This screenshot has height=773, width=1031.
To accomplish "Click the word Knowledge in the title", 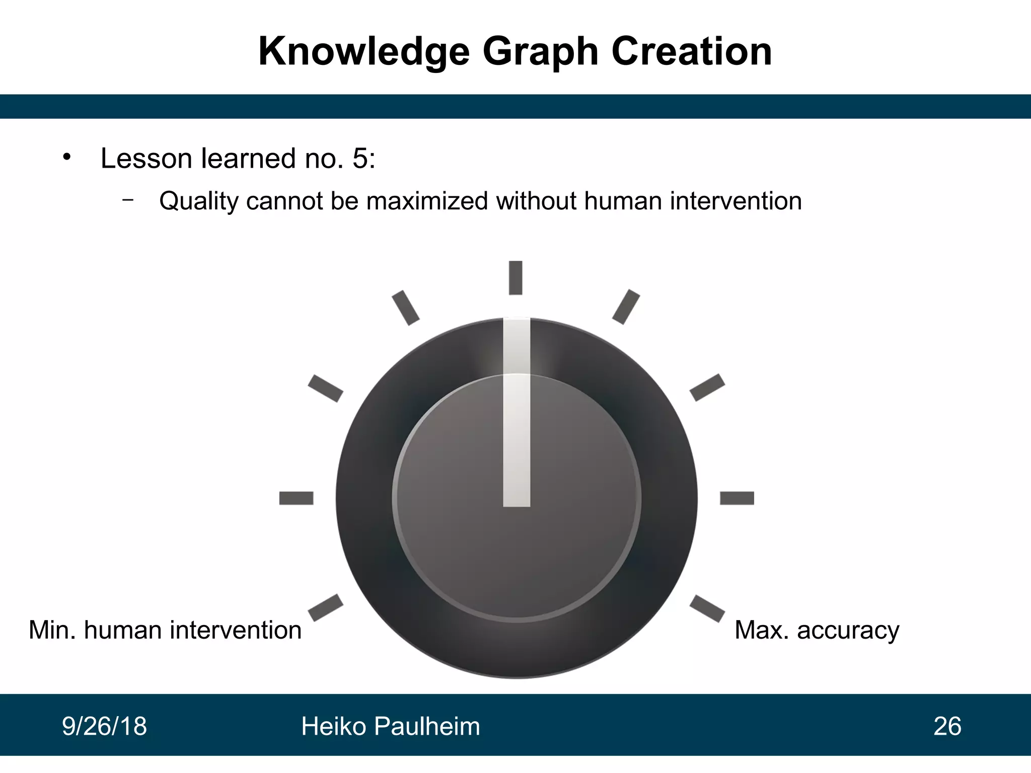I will click(x=363, y=52).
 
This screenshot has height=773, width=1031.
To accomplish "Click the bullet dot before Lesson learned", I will click(x=66, y=158).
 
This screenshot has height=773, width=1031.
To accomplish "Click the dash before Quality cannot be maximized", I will click(x=128, y=199).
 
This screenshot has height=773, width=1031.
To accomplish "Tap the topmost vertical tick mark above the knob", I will click(x=515, y=277).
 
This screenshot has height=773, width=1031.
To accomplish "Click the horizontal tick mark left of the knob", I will click(x=296, y=498).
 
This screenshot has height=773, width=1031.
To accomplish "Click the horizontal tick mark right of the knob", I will click(x=737, y=498).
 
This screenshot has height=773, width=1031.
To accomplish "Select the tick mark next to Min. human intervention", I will click(x=325, y=608).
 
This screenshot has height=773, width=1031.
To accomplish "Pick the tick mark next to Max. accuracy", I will click(x=707, y=608).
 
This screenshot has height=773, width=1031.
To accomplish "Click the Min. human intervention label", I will click(x=165, y=631).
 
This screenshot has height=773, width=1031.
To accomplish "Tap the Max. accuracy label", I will click(x=817, y=631).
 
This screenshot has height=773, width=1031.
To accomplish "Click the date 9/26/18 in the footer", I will click(x=104, y=727).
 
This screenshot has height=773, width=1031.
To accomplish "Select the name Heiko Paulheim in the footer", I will click(x=391, y=727).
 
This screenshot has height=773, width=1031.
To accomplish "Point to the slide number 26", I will click(x=947, y=727).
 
